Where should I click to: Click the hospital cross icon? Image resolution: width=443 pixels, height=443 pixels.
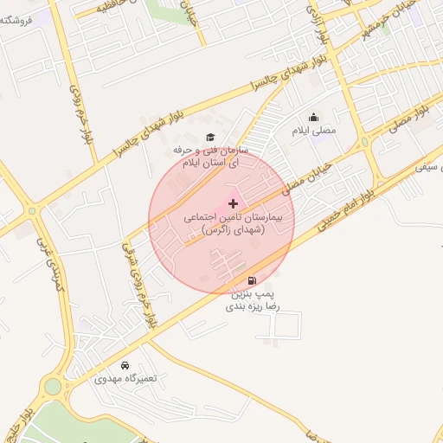233,202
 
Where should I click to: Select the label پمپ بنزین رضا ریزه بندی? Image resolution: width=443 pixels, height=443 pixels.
250,300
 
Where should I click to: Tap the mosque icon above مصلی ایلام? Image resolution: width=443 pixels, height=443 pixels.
313,118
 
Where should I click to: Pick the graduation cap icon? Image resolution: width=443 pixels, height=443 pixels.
209,138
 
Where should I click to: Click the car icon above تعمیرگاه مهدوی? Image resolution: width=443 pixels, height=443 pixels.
126,365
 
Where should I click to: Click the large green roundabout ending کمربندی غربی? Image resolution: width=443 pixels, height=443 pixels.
54,386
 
